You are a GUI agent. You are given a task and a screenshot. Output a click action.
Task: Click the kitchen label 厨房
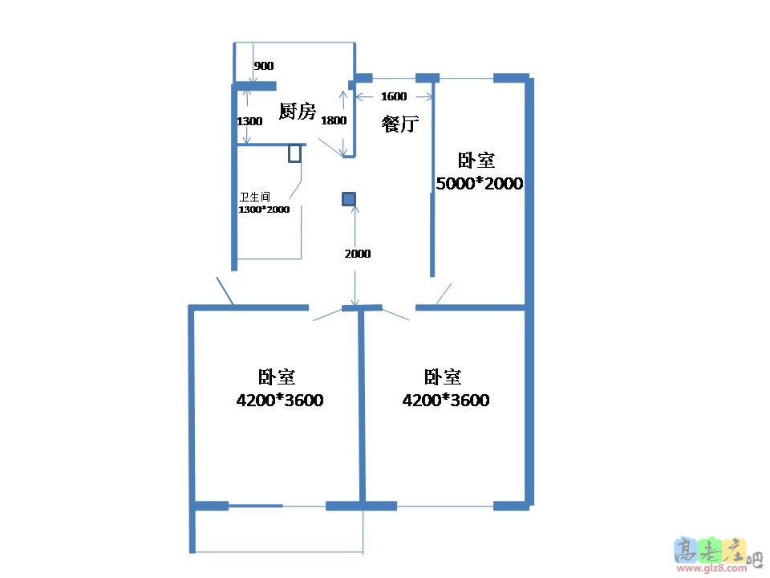tap(297, 112)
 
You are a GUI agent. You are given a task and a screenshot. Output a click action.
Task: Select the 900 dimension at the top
tap(263, 66)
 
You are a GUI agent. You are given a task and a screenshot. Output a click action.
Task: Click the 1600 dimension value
tap(394, 96)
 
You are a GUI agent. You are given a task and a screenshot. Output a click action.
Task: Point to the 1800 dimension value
tap(334, 121)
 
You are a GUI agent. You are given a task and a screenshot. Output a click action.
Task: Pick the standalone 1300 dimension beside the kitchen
tap(250, 122)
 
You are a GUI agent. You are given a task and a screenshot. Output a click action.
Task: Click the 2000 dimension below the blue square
tap(358, 254)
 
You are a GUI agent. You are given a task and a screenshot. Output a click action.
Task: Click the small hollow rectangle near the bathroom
tap(295, 153)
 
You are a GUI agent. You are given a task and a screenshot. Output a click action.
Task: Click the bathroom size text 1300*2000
tap(264, 210)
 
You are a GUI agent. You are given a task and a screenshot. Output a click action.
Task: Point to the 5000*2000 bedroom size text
tap(479, 184)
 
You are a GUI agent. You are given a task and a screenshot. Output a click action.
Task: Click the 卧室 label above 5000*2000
tap(476, 161)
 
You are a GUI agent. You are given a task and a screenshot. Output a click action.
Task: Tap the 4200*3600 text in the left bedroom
tap(280, 400)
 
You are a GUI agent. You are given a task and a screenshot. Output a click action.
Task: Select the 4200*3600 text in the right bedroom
tap(446, 400)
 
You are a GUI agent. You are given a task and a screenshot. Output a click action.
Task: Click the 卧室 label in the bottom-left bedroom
tap(277, 377)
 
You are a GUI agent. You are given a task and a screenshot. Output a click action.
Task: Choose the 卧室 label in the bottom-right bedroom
tap(443, 377)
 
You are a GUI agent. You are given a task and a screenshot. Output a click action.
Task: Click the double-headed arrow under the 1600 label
tap(395, 97)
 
